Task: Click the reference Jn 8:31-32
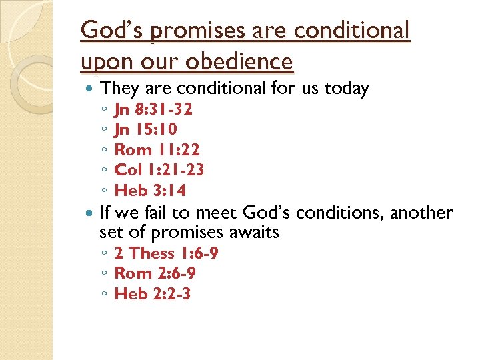pyautogui.click(x=153, y=109)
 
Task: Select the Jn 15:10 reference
pyautogui.click(x=145, y=129)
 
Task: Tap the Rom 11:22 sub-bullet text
pyautogui.click(x=157, y=149)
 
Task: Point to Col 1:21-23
pyautogui.click(x=159, y=169)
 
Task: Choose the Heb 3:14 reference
pyautogui.click(x=150, y=190)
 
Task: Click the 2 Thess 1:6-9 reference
pyautogui.click(x=166, y=253)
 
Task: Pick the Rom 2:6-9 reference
pyautogui.click(x=155, y=273)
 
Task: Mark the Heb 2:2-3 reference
pyautogui.click(x=153, y=293)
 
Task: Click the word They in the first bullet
pyautogui.click(x=118, y=88)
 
